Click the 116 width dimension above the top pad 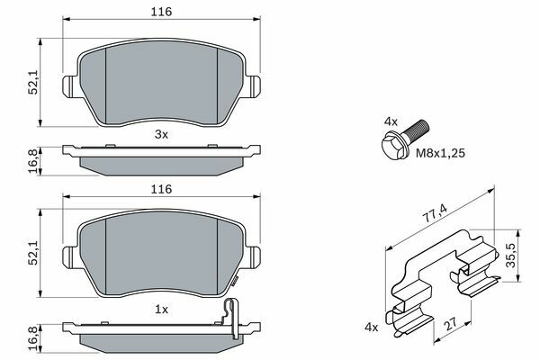161,12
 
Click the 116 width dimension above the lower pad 161,189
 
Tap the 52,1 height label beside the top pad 33,82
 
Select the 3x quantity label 161,134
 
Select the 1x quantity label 161,310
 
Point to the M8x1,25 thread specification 440,153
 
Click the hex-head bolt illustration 406,139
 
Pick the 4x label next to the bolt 391,121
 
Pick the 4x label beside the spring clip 371,328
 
